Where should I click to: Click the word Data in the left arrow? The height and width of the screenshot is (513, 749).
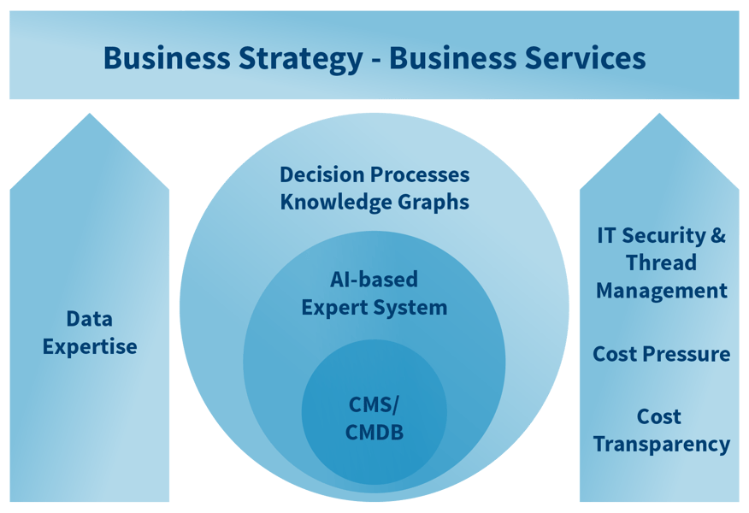[x=90, y=319]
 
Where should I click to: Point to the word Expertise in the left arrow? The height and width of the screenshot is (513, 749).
[x=90, y=346]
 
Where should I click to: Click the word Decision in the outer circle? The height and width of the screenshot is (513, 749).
[x=321, y=174]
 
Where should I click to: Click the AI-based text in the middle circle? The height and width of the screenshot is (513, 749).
[x=374, y=280]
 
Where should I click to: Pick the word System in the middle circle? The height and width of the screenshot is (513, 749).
[x=415, y=307]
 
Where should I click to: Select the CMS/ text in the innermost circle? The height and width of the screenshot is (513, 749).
[x=374, y=404]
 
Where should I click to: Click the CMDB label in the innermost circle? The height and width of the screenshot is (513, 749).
[x=374, y=432]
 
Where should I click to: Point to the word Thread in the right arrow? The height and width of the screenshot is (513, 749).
[x=661, y=262]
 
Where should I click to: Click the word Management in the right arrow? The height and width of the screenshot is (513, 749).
[x=661, y=291]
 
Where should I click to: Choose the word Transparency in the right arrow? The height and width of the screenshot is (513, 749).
[x=661, y=445]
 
